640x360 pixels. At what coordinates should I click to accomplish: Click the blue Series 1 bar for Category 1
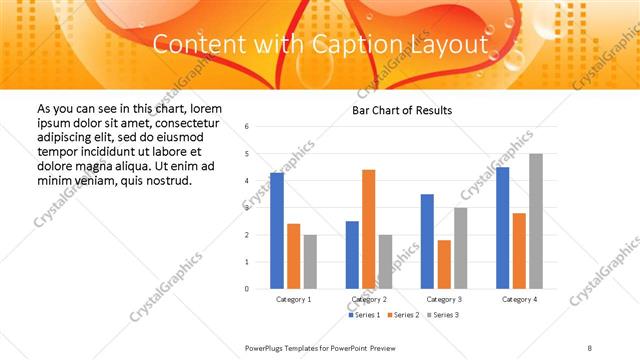coord(277,231)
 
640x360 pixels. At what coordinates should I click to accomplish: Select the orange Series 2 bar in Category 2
coord(369,229)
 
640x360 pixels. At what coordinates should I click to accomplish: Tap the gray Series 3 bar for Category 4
coord(536,221)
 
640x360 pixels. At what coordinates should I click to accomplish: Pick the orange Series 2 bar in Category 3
coord(444,264)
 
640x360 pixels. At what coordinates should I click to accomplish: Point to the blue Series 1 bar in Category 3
coord(427,241)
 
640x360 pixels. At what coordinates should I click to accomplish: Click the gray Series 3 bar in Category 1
coord(310,262)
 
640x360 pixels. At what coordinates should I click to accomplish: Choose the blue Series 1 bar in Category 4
coord(502,228)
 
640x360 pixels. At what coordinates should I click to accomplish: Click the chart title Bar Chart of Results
coord(402,110)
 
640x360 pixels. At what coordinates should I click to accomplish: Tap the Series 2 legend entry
coord(403,315)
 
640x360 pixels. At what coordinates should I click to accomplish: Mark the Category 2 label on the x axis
coord(369,299)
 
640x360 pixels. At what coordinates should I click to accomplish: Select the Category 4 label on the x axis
coord(519,299)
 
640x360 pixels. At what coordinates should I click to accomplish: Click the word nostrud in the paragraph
coord(167,180)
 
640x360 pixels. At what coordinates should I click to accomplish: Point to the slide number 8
coord(590,347)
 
